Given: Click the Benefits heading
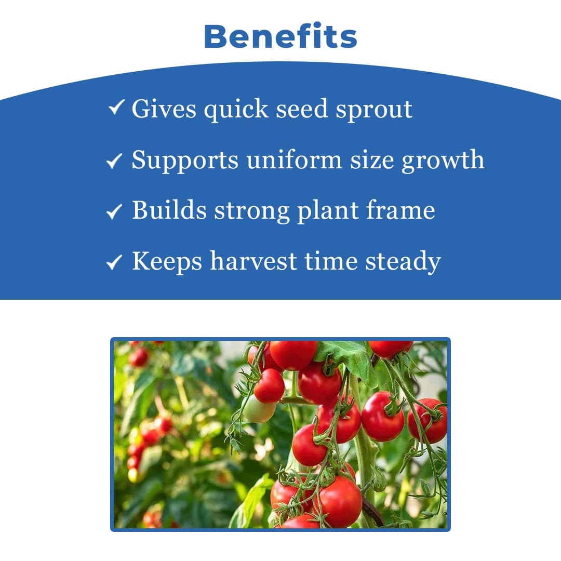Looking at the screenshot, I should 280,36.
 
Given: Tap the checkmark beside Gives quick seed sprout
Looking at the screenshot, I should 116,108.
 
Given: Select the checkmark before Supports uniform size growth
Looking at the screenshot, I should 114,161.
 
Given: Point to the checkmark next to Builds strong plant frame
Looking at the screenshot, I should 114,211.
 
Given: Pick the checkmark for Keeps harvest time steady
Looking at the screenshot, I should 114,262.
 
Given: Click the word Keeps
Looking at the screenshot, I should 167,261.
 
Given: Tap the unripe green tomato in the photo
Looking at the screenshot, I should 259,411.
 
